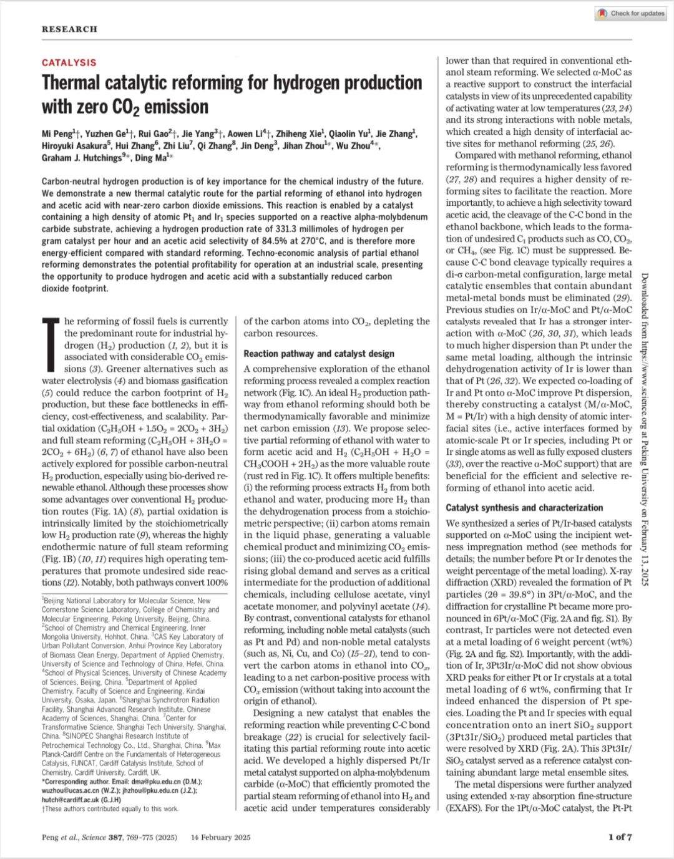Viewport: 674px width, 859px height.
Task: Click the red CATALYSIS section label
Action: tap(69, 62)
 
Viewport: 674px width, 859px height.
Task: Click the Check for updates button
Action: tap(631, 13)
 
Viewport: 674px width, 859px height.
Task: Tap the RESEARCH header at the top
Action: tap(69, 29)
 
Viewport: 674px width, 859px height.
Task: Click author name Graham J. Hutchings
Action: tap(82, 158)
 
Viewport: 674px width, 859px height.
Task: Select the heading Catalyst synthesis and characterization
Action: tap(524, 508)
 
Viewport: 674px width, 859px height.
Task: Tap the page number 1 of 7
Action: tap(620, 837)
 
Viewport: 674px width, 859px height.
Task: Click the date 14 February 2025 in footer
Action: tap(220, 837)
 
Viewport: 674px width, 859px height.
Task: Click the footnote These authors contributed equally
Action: tap(111, 808)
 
